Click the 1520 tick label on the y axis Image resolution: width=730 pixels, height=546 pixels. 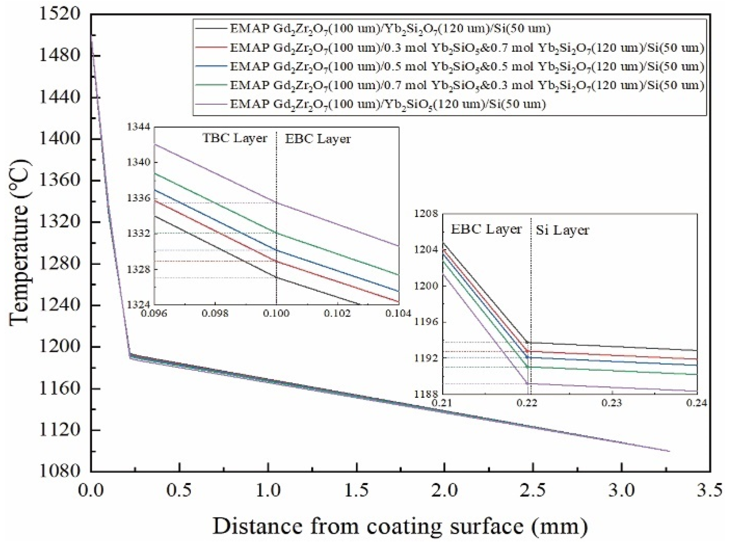[60, 14]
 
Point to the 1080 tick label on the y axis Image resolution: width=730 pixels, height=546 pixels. [60, 471]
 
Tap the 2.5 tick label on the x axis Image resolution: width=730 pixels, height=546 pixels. [533, 490]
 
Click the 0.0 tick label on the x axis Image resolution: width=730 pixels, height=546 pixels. [91, 490]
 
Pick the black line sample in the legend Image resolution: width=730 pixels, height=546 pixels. [211, 29]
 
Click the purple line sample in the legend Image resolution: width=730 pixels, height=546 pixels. [211, 104]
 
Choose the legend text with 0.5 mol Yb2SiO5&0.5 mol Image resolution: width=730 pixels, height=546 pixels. [467, 67]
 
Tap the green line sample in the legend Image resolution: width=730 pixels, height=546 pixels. [211, 85]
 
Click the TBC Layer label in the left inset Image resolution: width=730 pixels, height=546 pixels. [235, 138]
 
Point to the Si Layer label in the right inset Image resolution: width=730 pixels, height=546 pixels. [562, 230]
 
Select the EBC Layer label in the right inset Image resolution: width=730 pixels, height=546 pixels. [486, 229]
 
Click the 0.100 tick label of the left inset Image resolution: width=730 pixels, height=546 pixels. [276, 314]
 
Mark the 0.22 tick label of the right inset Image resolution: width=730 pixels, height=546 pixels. [527, 403]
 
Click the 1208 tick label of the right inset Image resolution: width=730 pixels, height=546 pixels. [426, 214]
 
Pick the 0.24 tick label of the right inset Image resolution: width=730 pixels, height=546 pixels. [696, 403]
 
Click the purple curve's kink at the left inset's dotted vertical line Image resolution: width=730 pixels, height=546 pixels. [276, 202]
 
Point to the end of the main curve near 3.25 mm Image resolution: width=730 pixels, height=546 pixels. [669, 451]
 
